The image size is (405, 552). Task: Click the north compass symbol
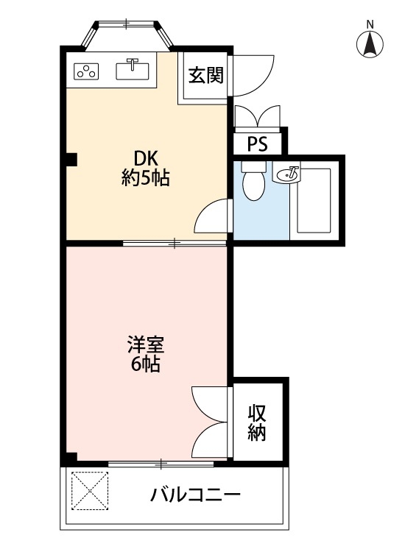pyautogui.click(x=371, y=43)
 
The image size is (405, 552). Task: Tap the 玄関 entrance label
pyautogui.click(x=205, y=76)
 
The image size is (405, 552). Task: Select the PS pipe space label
pyautogui.click(x=257, y=143)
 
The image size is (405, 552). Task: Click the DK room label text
pyautogui.click(x=145, y=158)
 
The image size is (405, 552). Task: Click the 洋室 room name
pyautogui.click(x=145, y=344)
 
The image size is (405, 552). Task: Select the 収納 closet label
pyautogui.click(x=256, y=422)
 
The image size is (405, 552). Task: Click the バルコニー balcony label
pyautogui.click(x=195, y=494)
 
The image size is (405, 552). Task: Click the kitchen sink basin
pyautogui.click(x=133, y=70)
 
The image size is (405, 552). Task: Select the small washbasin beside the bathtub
pyautogui.click(x=288, y=174)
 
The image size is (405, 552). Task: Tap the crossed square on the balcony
pyautogui.click(x=90, y=489)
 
